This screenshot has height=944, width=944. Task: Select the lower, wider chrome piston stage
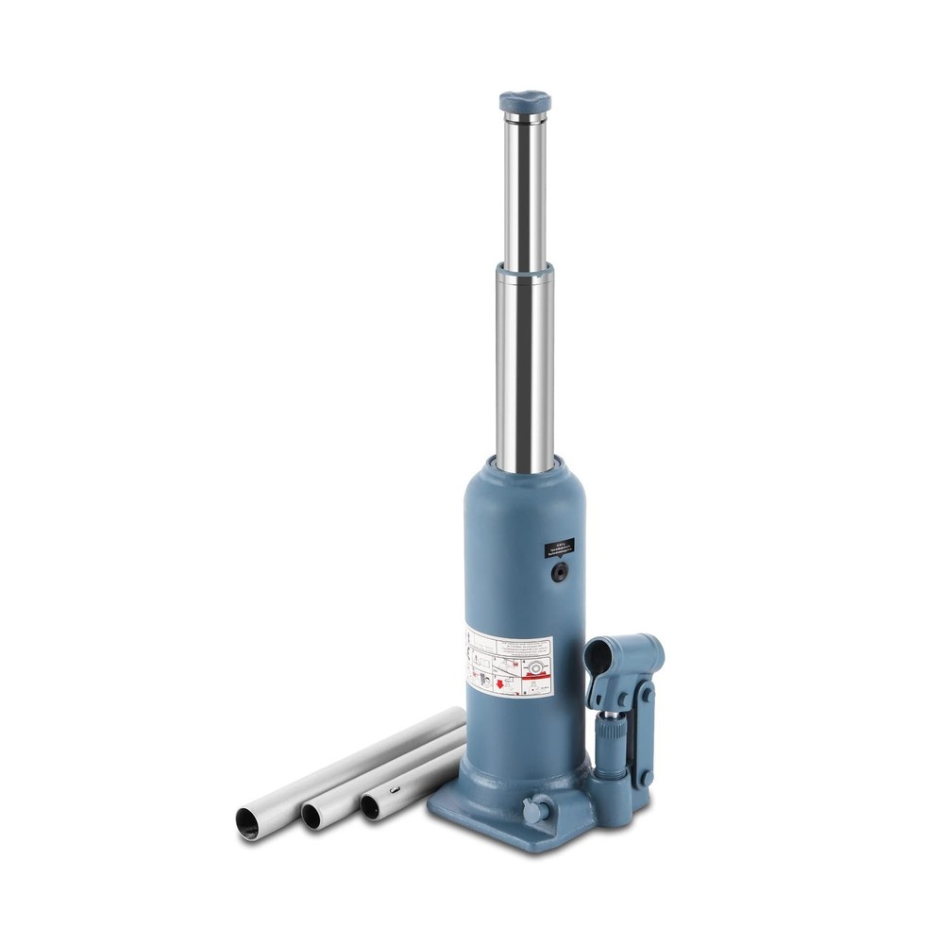(x=522, y=368)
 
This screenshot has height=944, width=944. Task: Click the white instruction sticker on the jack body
(x=511, y=662)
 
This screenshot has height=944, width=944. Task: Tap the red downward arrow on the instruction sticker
(x=497, y=681)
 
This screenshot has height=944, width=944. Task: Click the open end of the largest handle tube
(x=249, y=821)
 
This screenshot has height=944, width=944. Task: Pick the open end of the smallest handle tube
(x=373, y=804)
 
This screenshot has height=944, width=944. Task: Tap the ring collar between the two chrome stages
(x=522, y=274)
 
